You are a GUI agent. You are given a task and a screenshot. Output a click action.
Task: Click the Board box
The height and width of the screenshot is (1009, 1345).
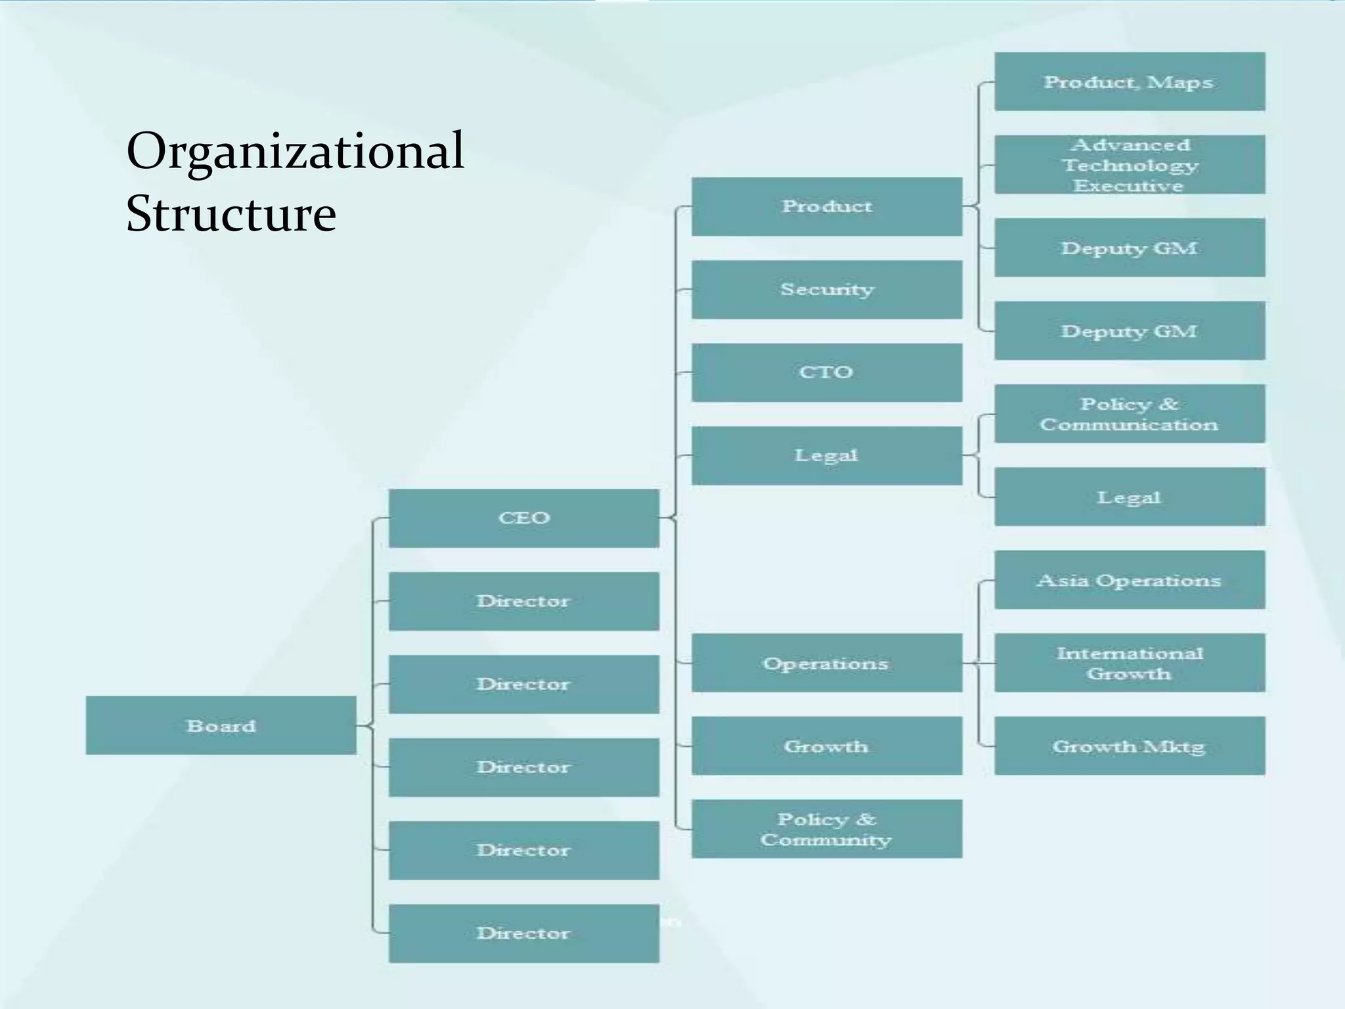[x=221, y=725]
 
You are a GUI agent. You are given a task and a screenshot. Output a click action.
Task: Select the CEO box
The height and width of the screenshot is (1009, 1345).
[x=523, y=518]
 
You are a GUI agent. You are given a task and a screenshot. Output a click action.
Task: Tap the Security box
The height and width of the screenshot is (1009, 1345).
[x=826, y=289]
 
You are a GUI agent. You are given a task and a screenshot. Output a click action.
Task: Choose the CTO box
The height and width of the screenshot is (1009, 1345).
[x=826, y=372]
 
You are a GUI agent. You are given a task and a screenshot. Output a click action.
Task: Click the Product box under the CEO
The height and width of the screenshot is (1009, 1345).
[x=826, y=206]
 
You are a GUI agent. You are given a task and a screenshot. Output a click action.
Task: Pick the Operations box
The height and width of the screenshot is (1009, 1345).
[x=826, y=663]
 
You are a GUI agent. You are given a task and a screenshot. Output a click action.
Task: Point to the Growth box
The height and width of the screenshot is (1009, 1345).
[x=826, y=746]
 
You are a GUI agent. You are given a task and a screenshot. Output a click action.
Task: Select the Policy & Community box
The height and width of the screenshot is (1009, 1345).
[x=826, y=828]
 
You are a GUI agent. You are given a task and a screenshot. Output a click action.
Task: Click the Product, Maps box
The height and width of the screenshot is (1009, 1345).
[x=1129, y=81]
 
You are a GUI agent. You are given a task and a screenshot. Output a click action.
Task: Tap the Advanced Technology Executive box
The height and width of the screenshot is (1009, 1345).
[x=1129, y=164]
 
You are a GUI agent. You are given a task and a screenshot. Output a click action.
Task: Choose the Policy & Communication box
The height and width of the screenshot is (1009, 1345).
[x=1129, y=414]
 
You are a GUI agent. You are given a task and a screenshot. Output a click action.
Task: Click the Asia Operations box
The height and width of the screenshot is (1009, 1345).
[x=1129, y=580]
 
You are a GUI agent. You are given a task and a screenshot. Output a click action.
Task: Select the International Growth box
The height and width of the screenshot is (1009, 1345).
[x=1129, y=663]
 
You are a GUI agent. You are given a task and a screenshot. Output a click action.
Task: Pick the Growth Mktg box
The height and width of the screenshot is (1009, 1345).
[x=1129, y=746]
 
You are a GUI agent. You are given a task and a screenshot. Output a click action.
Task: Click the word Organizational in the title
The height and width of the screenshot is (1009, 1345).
[x=296, y=151]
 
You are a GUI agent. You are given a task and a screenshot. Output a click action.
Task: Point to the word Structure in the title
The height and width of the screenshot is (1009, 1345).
[x=231, y=213]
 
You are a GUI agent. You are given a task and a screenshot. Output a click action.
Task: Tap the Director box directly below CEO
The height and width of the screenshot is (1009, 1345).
[x=523, y=601]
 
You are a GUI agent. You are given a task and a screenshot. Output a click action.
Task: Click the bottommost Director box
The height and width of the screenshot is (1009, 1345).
[x=523, y=933]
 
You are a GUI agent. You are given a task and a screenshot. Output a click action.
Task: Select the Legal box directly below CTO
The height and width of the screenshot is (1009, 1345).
[x=826, y=455]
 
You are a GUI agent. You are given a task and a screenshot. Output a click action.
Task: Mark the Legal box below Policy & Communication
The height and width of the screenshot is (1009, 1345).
[x=1129, y=497]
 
